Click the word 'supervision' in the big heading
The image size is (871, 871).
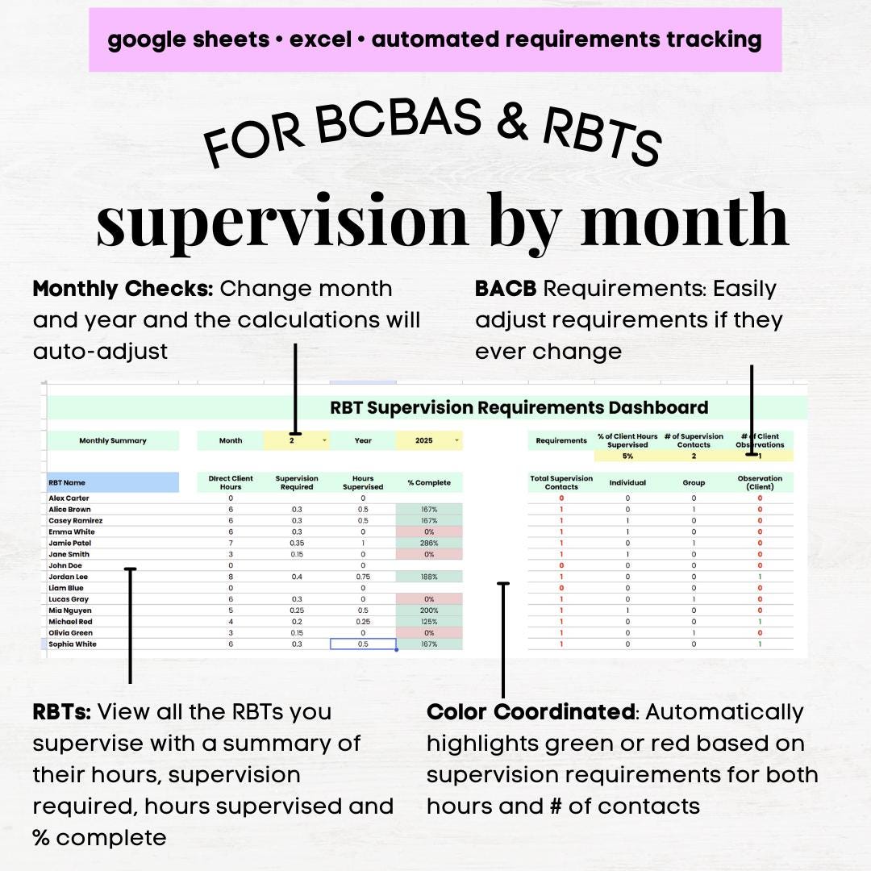[x=282, y=219]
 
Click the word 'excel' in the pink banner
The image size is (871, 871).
[x=322, y=40]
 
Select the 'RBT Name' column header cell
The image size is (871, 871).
[x=112, y=482]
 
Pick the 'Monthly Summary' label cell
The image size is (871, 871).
[x=113, y=440]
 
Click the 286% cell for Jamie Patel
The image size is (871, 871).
[x=428, y=544]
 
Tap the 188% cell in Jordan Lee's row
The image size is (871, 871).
[x=428, y=577]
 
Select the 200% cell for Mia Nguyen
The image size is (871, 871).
[x=428, y=611]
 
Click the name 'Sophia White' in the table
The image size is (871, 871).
[x=73, y=644]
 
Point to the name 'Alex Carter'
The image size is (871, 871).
[x=69, y=498]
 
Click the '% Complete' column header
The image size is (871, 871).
[x=428, y=482]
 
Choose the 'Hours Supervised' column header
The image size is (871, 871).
[x=363, y=482]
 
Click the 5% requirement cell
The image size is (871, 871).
[x=627, y=456]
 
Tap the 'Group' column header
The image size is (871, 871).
[x=694, y=482]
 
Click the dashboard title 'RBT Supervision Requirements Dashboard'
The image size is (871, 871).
[x=519, y=408]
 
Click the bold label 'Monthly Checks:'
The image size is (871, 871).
[x=123, y=289]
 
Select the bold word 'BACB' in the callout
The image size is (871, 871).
[x=505, y=289]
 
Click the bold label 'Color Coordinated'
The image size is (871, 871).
[x=530, y=712]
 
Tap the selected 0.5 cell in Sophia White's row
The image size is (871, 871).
[x=363, y=644]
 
